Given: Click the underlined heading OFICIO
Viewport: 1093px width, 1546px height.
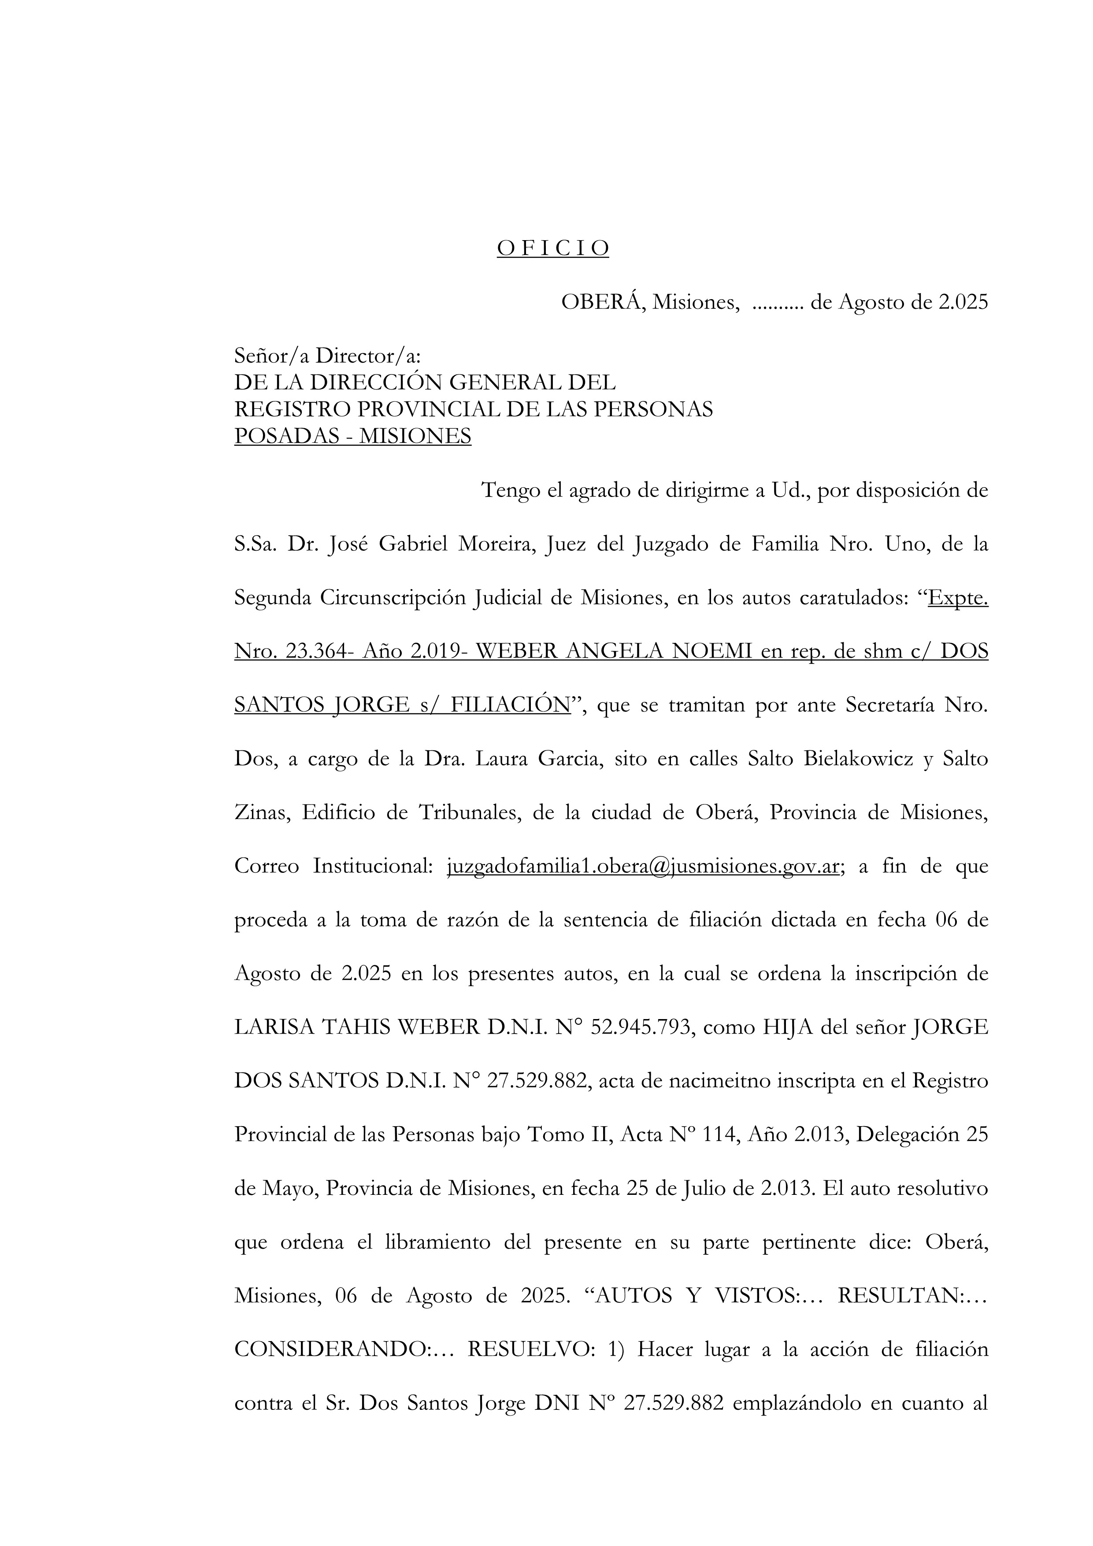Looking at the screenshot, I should pyautogui.click(x=553, y=248).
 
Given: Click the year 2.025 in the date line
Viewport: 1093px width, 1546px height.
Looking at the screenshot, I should pyautogui.click(x=963, y=303).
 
